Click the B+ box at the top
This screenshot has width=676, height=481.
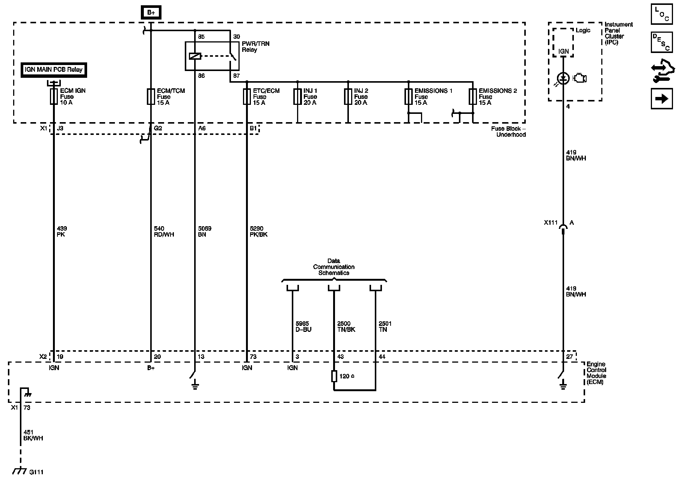coord(151,12)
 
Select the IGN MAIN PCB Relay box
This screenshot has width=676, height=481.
coord(54,70)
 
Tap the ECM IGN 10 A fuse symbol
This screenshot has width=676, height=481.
coord(53,97)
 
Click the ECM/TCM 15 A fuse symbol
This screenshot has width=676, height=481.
coord(151,97)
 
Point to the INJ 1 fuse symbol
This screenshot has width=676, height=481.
coord(297,97)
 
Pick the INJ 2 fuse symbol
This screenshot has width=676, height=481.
coord(348,97)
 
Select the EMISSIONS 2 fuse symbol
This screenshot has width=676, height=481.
coord(472,97)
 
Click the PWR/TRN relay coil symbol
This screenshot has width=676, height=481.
coord(195,56)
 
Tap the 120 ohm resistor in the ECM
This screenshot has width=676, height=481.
coord(334,376)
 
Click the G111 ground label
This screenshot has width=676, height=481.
coord(36,472)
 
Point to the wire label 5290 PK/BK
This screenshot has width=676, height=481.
coord(258,231)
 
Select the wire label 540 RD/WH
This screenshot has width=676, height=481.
coord(164,231)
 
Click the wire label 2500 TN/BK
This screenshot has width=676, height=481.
coord(346,327)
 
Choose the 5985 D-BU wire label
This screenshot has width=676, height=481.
coord(303,327)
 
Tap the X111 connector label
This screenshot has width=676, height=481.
coord(551,223)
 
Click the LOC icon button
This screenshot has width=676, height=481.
coord(662,14)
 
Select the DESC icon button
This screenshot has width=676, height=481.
coord(662,42)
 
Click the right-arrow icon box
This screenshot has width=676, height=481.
coord(662,98)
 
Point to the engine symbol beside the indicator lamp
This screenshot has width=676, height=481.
coord(580,79)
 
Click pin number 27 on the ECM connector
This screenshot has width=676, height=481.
coord(569,357)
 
